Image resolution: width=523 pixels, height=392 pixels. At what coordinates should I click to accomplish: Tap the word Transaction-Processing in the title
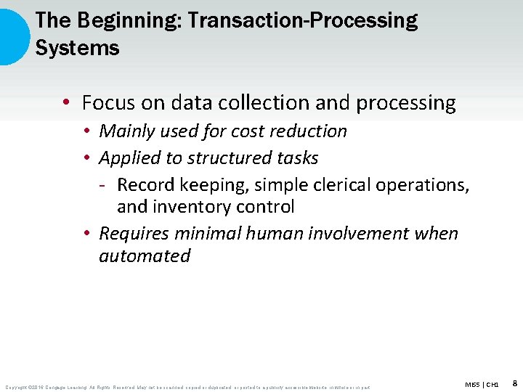[x=302, y=21]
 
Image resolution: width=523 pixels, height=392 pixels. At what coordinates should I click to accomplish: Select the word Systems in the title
[x=77, y=49]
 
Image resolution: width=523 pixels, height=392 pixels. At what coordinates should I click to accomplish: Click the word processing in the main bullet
[x=405, y=104]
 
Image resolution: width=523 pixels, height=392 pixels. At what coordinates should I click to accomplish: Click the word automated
[x=145, y=256]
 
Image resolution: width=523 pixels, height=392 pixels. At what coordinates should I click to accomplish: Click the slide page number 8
[x=514, y=383]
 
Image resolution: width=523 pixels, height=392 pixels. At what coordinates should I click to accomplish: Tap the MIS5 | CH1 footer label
[x=482, y=383]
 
